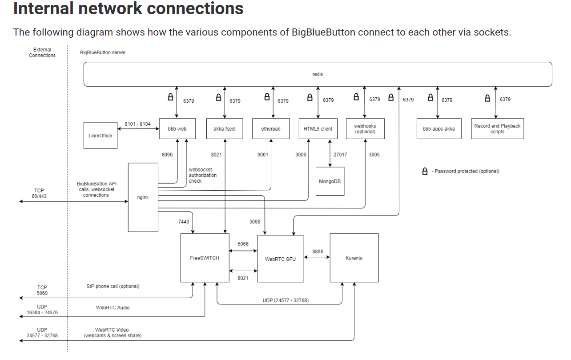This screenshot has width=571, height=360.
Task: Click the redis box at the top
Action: point(318,74)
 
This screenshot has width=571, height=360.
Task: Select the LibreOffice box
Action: point(100,135)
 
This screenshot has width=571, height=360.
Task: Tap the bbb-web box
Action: point(177,129)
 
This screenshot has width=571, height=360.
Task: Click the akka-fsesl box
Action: point(225,129)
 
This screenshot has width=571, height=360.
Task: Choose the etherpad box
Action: point(271,129)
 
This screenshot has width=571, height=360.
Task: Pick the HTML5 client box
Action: point(318,129)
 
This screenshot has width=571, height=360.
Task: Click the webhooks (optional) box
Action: point(365,129)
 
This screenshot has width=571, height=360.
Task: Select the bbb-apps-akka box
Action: point(438,129)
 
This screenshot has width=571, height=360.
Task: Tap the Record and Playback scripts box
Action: point(497,129)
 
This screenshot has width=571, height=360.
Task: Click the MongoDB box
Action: point(330,181)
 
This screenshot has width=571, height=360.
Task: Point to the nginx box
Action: point(143,197)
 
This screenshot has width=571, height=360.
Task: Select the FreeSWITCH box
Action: point(205,258)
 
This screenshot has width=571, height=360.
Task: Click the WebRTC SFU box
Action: point(280,259)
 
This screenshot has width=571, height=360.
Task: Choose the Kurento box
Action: point(354,258)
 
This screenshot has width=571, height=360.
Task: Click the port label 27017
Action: point(340,155)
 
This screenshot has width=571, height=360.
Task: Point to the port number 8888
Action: point(318,252)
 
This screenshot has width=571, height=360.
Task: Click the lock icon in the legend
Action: point(425,171)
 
